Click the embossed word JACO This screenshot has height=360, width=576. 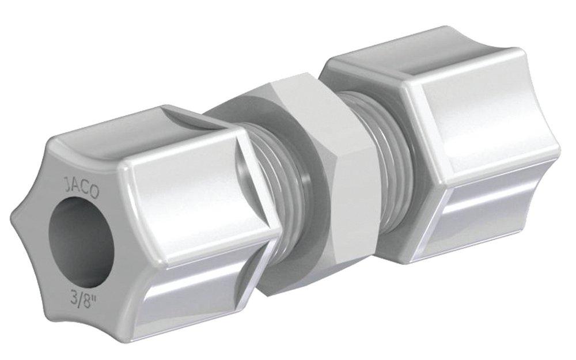coord(78,188)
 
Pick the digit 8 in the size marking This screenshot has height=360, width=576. coord(82,300)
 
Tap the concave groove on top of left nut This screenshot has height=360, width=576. coord(190,121)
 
